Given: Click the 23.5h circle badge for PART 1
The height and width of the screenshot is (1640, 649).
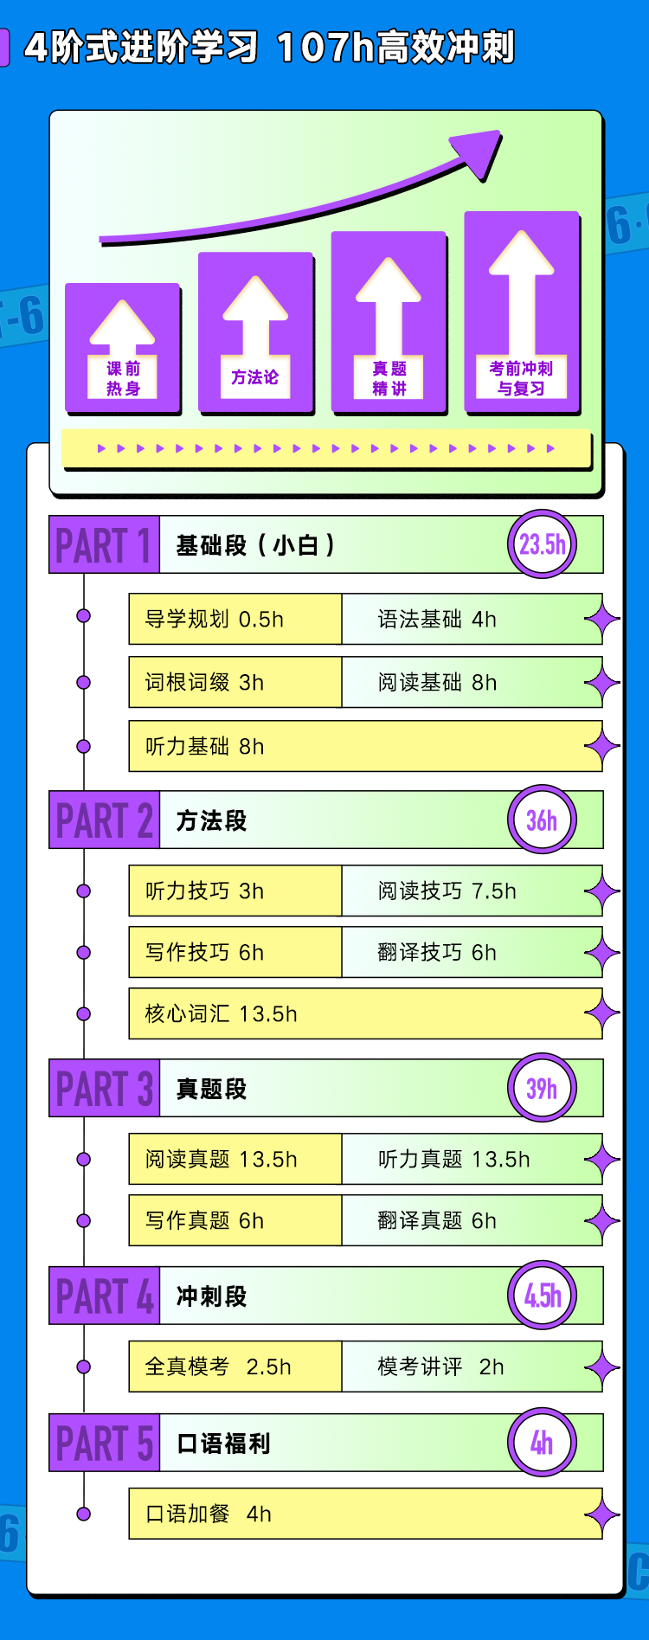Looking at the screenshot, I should tap(542, 544).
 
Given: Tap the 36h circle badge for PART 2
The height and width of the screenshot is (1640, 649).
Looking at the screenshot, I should tap(542, 820).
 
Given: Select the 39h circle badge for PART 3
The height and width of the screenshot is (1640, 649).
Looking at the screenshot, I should tap(542, 1088).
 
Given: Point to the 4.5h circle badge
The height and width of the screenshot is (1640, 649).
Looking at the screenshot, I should tap(542, 1296).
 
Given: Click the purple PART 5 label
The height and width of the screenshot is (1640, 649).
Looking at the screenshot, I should tap(104, 1443).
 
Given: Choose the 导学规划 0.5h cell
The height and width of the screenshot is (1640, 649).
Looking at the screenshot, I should tap(235, 619).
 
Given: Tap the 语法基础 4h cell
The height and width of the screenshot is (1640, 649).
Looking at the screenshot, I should tap(467, 619).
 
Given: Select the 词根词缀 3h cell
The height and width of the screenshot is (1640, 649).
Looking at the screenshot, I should tap(235, 682).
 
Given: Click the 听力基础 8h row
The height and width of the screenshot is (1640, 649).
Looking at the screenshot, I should tap(363, 746).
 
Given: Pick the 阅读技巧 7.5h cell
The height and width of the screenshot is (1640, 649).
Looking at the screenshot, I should tap(467, 891).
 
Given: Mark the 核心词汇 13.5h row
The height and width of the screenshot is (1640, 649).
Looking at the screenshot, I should tap(363, 1013).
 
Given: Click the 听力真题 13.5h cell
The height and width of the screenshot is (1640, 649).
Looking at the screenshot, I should tap(467, 1159).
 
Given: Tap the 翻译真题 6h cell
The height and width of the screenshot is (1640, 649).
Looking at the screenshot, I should tap(467, 1220).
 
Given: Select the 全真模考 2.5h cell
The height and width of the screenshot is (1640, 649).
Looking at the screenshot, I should tap(235, 1367).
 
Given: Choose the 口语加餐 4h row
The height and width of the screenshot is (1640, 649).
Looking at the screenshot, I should tap(363, 1514).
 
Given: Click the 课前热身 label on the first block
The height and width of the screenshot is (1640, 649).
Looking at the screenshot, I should tap(123, 378).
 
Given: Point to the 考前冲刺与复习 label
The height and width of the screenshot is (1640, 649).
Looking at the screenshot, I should tap(521, 378).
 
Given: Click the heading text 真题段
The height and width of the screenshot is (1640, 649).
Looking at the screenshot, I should tap(211, 1089).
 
